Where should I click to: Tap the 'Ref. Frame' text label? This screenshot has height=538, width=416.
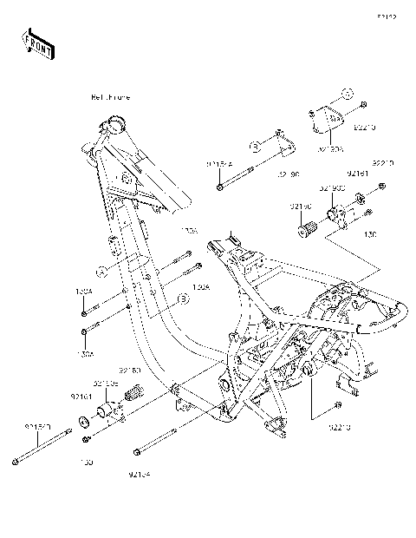point(110,97)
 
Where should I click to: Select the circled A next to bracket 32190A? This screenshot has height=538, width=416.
point(345,93)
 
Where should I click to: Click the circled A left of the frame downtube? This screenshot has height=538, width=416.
point(101,271)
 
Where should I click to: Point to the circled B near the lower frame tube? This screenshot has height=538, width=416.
point(183,299)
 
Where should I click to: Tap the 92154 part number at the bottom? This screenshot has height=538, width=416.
point(139,474)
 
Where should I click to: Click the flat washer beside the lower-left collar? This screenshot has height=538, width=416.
point(81,422)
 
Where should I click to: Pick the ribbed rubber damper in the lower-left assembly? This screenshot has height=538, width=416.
point(134,397)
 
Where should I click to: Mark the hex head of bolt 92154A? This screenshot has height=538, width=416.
point(221,185)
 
